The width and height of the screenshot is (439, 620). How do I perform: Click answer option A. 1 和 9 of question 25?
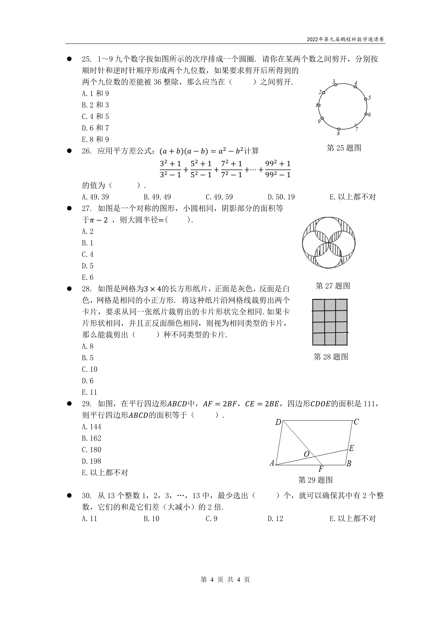(x=95, y=93)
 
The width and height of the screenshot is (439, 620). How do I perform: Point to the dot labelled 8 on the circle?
(x=339, y=129)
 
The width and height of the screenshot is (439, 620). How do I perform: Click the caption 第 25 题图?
(x=344, y=148)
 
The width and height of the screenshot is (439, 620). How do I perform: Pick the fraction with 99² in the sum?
(x=278, y=169)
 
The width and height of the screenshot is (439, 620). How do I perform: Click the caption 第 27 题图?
(x=333, y=286)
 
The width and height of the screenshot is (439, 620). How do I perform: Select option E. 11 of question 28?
(x=90, y=392)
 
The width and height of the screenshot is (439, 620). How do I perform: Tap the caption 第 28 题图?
(x=331, y=357)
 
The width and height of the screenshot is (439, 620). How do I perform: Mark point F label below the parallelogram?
(x=321, y=469)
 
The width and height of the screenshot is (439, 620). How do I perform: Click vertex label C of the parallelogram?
(x=356, y=422)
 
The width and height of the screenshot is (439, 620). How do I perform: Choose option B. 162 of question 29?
(x=92, y=438)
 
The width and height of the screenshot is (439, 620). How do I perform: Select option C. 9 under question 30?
(x=211, y=519)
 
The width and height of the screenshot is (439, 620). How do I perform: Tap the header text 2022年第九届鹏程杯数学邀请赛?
(x=345, y=39)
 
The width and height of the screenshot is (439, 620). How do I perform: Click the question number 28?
(x=87, y=289)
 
